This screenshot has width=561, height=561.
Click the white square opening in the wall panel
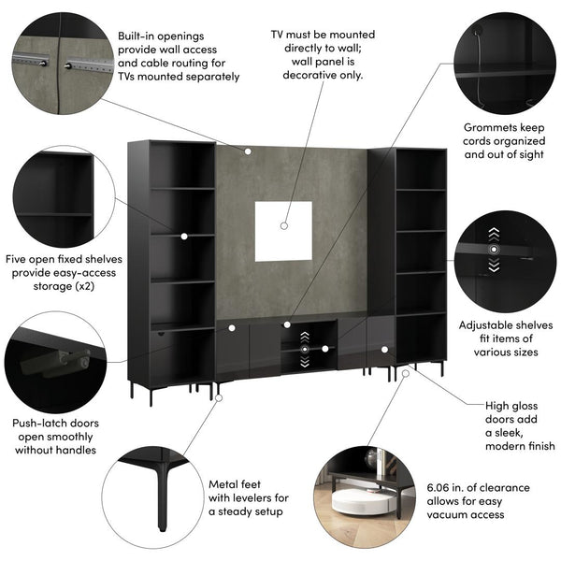pos(283,231)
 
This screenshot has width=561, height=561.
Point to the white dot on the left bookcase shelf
pos(183,238)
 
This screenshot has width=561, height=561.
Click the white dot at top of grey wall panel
pos(249,151)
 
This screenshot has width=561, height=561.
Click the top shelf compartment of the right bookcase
pos(421,167)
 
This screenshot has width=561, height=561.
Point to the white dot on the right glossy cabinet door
pos(383,350)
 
